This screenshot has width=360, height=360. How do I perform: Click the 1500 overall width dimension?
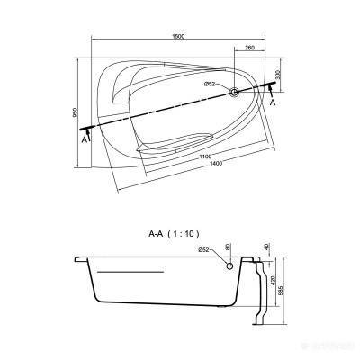180,35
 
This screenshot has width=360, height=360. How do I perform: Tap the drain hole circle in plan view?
235,92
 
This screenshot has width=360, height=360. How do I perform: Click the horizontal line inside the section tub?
130,271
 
